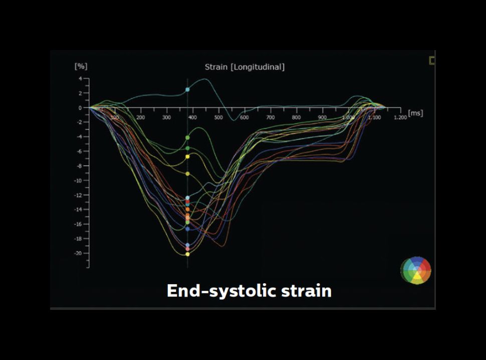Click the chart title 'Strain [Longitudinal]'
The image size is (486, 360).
[245, 67]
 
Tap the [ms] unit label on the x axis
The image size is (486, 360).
[416, 113]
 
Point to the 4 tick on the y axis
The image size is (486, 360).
[80, 79]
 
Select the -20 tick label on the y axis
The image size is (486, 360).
[77, 253]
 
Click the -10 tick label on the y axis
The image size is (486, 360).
[77, 181]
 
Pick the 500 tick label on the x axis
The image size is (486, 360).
[218, 117]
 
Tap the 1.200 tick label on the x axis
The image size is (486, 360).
[399, 117]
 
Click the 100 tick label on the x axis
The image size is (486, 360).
[114, 117]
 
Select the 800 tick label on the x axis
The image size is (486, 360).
[296, 117]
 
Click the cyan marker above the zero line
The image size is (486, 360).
[187, 90]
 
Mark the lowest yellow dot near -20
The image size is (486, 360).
[187, 254]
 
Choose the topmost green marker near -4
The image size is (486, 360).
[187, 137]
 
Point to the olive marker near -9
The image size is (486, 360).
[187, 173]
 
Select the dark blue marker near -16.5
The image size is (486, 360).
[187, 229]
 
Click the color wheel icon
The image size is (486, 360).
[416, 271]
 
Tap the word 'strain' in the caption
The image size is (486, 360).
[309, 291]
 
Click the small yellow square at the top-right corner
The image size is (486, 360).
[432, 61]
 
